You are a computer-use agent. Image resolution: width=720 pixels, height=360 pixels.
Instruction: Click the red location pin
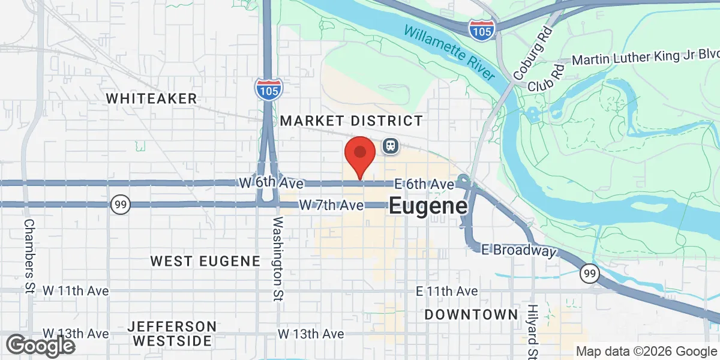(359, 154)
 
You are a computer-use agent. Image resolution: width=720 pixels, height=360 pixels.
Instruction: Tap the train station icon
(391, 146)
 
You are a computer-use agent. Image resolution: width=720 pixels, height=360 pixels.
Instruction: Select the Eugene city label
(428, 206)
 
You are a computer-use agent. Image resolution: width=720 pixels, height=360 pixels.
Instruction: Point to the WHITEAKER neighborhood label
(151, 98)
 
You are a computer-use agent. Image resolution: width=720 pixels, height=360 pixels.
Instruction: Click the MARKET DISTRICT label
(352, 121)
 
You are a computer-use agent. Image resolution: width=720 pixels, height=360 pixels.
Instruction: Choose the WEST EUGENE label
(205, 261)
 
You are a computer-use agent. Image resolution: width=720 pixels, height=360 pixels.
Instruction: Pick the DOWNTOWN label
(471, 314)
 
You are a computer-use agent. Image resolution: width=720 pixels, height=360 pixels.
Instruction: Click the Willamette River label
(449, 53)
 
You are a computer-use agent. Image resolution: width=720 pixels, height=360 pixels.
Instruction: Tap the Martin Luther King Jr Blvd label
(645, 60)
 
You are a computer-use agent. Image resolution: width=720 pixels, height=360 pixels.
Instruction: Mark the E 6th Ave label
(424, 184)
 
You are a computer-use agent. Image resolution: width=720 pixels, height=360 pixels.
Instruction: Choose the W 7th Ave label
(331, 205)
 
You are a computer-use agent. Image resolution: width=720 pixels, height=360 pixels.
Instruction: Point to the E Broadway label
(519, 251)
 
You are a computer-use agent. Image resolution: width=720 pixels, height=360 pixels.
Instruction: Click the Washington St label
(278, 258)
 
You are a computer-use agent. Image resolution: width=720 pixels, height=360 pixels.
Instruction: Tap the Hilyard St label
(532, 330)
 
